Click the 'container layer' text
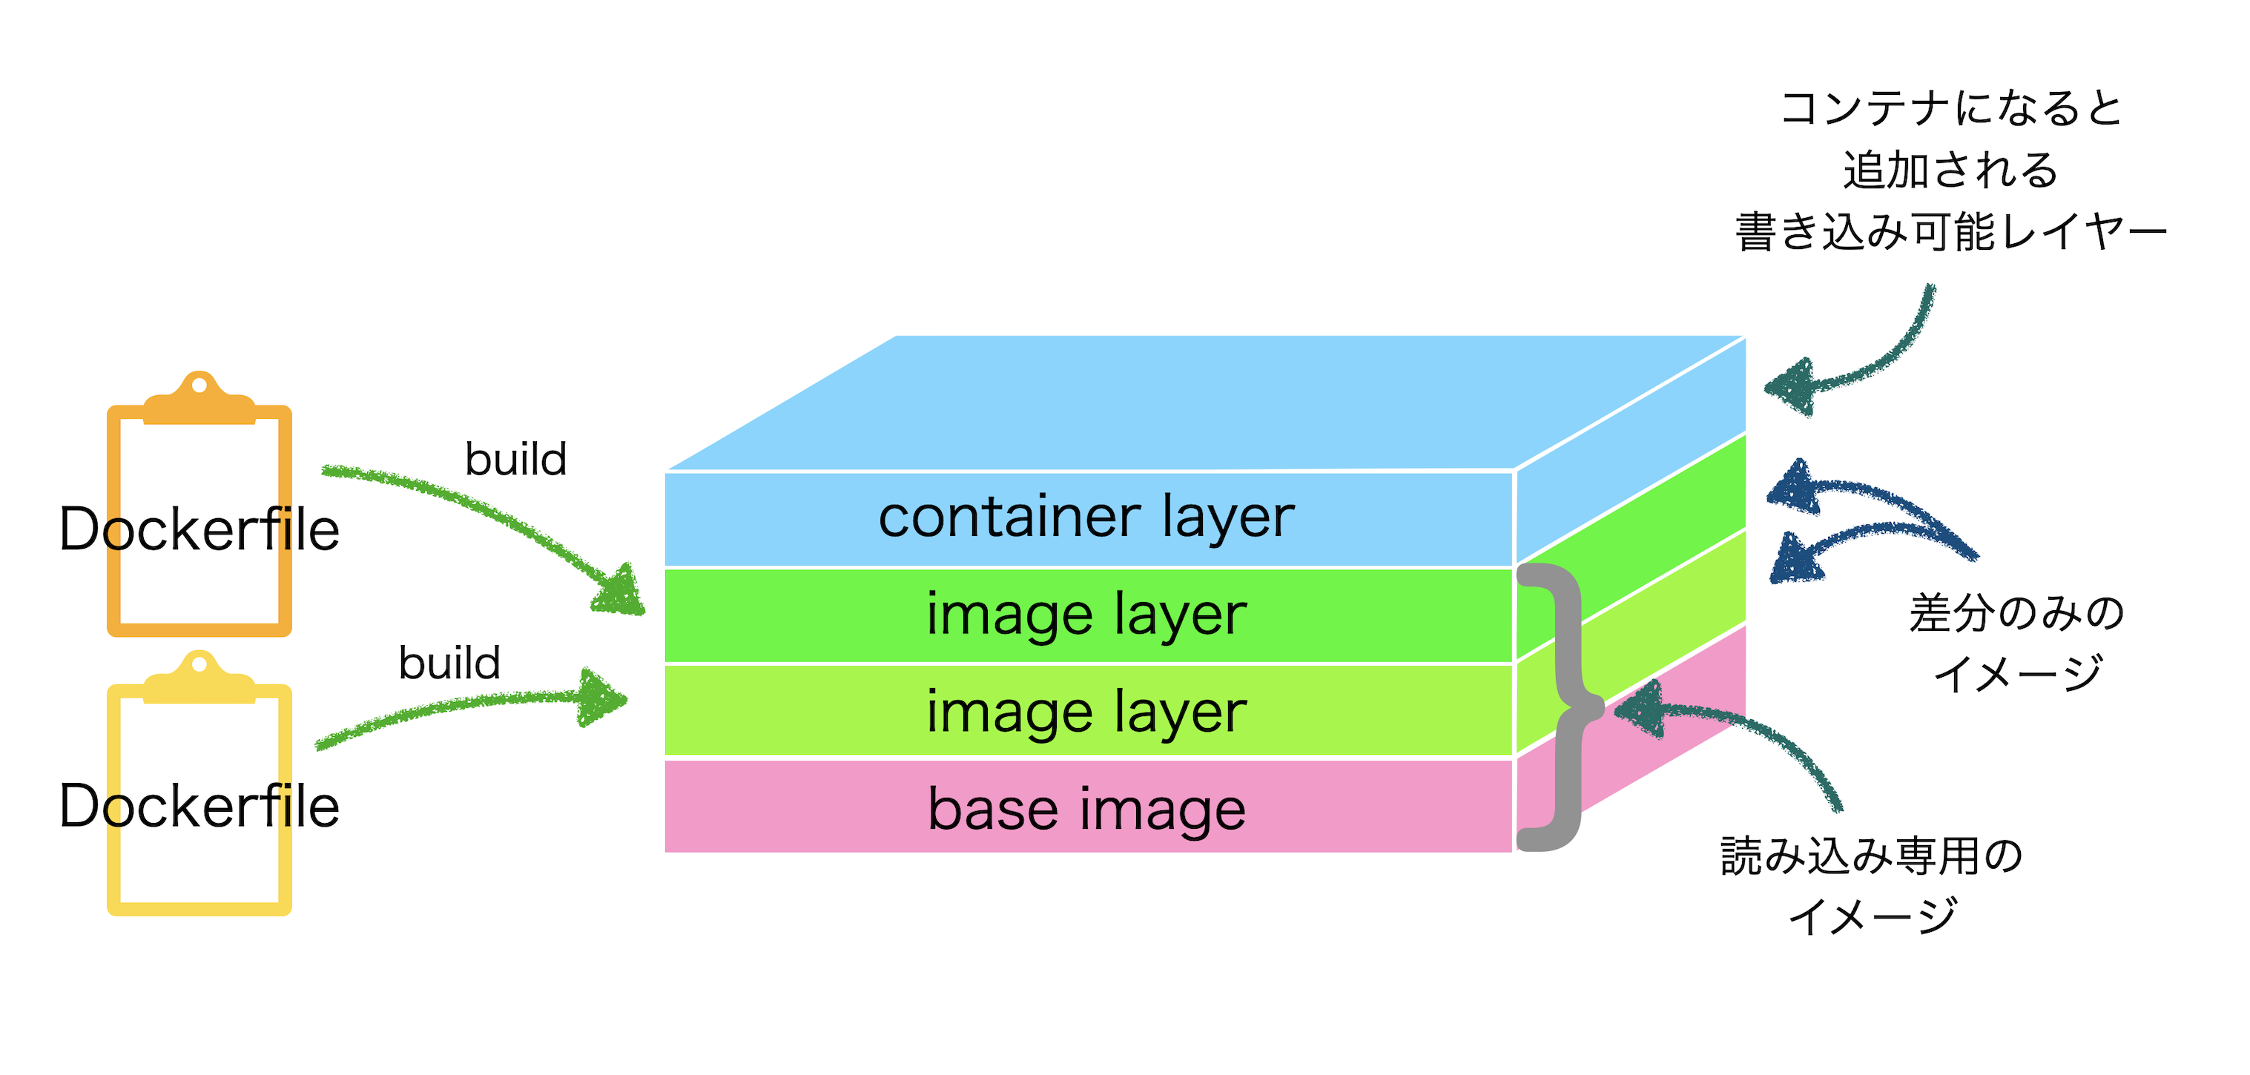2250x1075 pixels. click(1086, 517)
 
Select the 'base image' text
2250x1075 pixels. click(1086, 810)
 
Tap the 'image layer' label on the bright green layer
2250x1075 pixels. click(1086, 615)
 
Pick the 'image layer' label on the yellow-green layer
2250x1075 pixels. click(1086, 712)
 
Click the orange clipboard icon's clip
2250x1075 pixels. click(199, 400)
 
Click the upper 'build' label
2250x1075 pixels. click(515, 460)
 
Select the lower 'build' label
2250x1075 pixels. click(449, 663)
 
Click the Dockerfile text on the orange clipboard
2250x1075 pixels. click(199, 529)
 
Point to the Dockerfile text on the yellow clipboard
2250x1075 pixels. click(199, 805)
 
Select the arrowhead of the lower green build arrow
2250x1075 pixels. click(603, 698)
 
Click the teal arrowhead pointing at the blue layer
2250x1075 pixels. click(1790, 387)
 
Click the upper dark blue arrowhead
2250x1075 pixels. click(1795, 487)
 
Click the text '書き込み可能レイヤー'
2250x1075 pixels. click(1951, 232)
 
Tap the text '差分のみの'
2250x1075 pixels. click(2016, 613)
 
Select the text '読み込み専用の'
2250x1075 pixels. click(1872, 856)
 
